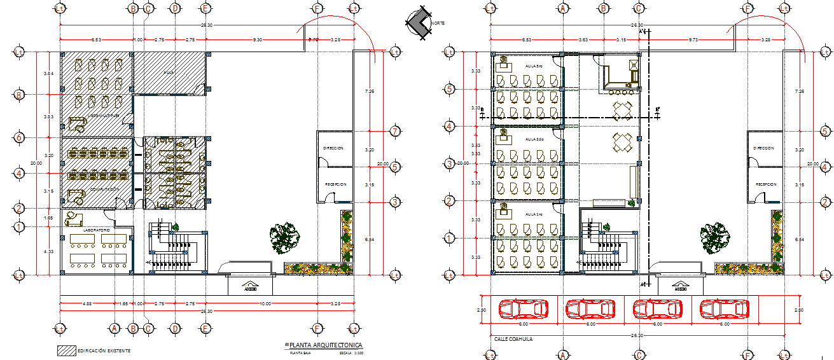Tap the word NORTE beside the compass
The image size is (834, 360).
point(438,24)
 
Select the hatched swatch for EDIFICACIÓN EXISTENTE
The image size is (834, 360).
point(66,350)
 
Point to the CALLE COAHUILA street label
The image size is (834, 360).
point(513,339)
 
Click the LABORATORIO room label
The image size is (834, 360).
point(97,229)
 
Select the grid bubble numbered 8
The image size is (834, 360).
point(20,95)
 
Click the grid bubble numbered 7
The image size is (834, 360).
point(394,132)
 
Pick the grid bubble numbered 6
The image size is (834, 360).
point(20,137)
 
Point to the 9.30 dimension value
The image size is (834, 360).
point(257,40)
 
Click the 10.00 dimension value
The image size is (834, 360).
point(265,304)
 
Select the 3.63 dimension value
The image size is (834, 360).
point(583,40)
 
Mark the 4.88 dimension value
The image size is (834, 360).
point(87,304)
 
